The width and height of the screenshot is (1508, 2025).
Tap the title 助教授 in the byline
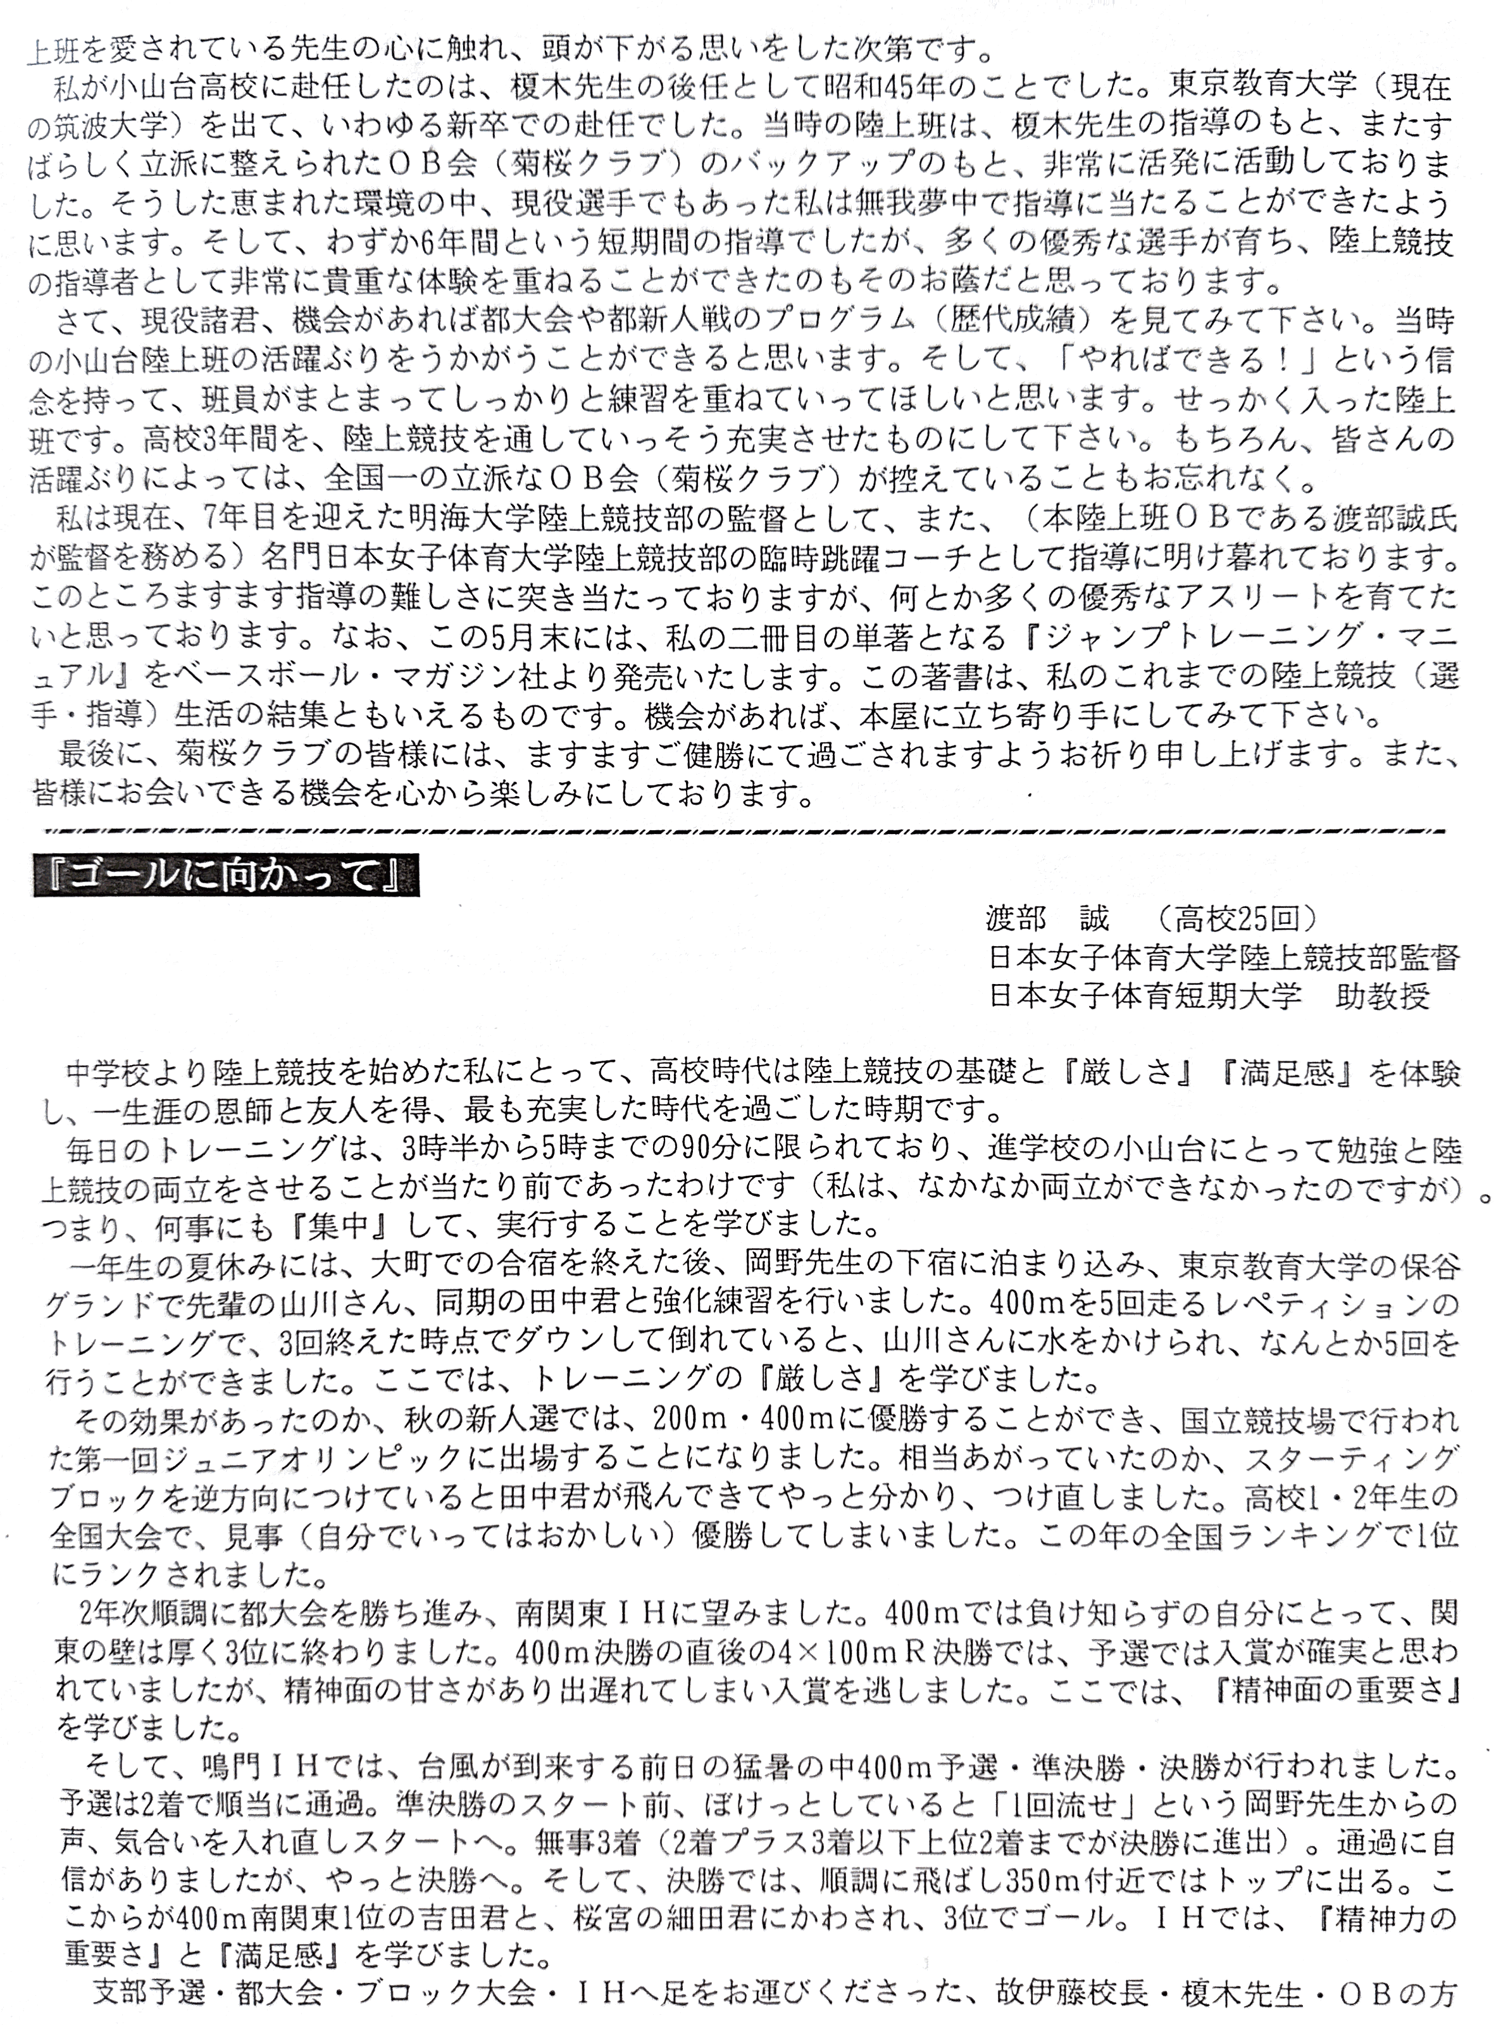[1382, 995]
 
